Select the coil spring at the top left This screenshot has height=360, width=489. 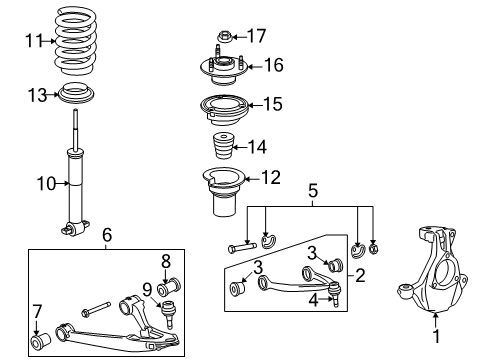pos(83,45)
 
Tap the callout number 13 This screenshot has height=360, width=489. pos(37,95)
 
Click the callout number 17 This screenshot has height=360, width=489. pos(256,36)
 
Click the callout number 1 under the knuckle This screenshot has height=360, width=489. pos(436,349)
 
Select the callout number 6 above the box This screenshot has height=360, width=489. pos(106,236)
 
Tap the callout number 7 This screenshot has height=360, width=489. pos(36,309)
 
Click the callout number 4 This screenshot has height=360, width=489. pos(313,298)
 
